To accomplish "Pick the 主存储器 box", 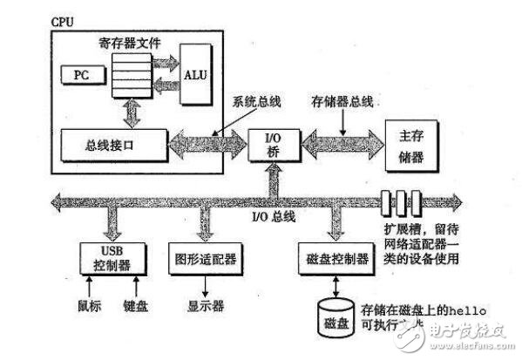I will tap(410, 141).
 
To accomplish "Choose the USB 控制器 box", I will tap(108, 255).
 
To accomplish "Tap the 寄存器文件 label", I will tap(133, 39).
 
